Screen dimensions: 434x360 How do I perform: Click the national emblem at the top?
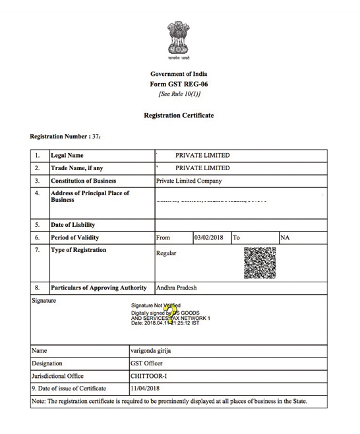coord(179,39)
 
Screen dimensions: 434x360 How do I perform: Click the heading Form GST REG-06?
coord(179,84)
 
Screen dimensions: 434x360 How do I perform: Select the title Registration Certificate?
coord(179,115)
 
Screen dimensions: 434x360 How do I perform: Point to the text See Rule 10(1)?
coord(179,94)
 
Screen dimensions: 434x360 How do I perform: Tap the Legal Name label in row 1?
coord(67,156)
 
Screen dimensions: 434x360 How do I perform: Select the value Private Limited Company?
coord(189,181)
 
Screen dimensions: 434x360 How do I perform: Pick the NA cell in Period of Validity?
coord(285,237)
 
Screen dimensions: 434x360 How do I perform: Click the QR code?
coord(259,263)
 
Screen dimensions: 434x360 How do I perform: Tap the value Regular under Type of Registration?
coord(166,253)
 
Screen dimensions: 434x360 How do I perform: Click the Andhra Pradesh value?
coord(176,288)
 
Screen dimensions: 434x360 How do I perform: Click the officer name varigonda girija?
coord(151,351)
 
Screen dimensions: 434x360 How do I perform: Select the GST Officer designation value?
coord(146,363)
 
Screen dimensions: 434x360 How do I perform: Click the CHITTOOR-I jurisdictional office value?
coord(148,376)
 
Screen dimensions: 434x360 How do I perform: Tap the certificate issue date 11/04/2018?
coord(145,388)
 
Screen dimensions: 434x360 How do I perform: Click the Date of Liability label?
coord(74,225)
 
